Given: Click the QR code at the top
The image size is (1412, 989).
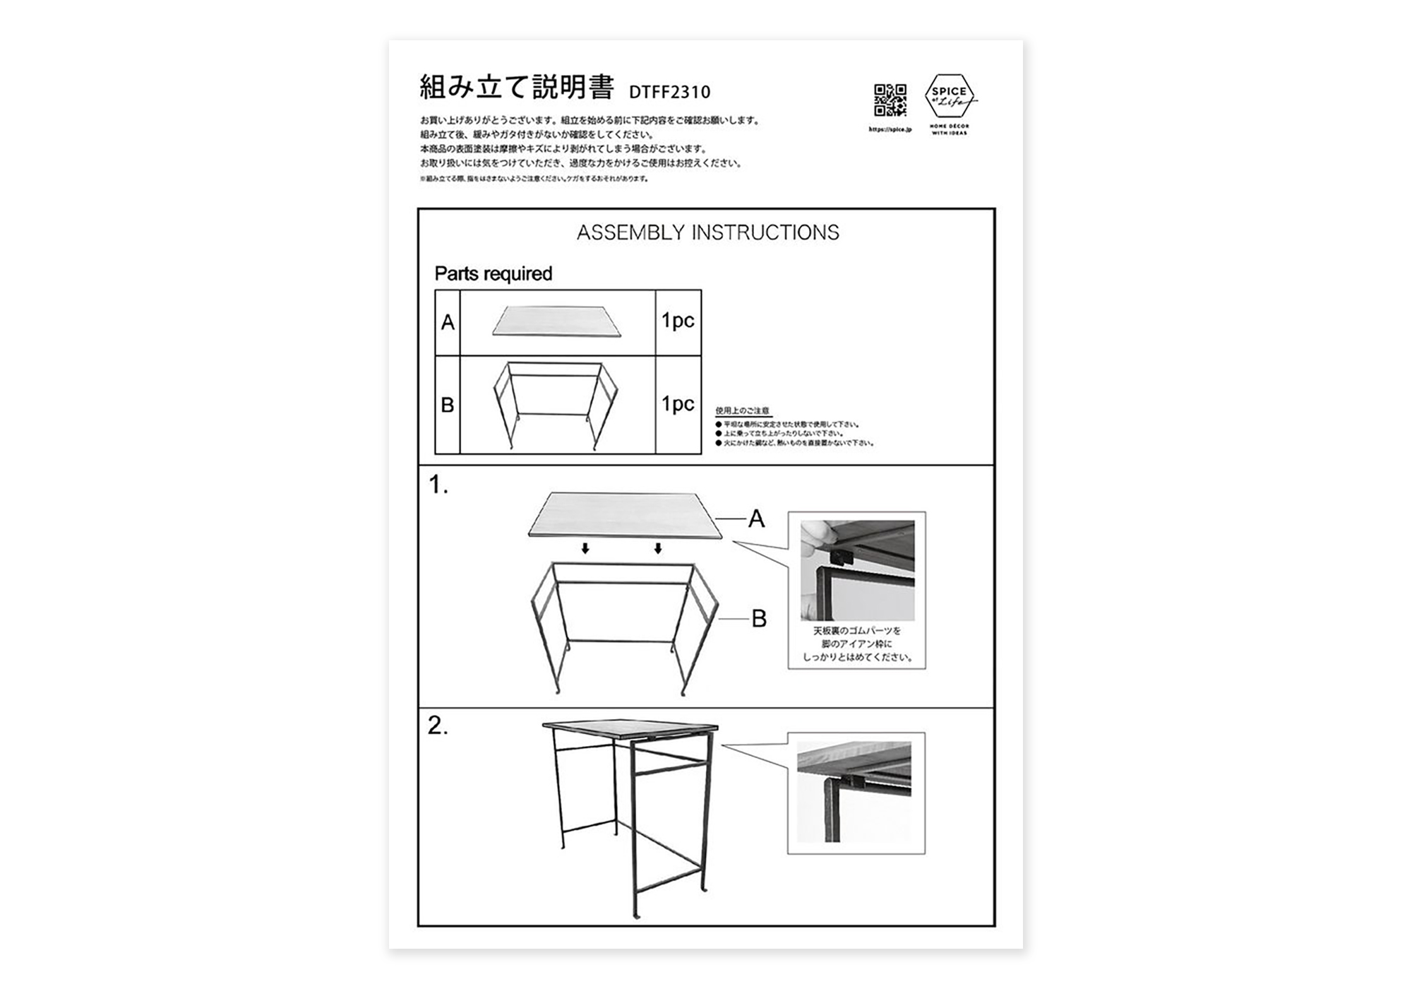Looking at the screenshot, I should click(x=890, y=100).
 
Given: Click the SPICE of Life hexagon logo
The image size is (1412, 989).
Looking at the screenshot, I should click(x=950, y=96).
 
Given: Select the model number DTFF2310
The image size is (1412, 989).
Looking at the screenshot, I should click(x=669, y=92).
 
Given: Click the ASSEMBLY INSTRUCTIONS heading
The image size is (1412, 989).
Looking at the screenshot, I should click(x=707, y=232).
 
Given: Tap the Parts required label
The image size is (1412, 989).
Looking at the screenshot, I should click(x=493, y=273).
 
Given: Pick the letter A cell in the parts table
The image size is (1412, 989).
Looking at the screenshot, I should click(x=448, y=323).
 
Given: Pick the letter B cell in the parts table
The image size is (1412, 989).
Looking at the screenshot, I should click(x=448, y=405).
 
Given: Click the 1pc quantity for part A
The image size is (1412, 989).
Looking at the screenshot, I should click(x=678, y=321).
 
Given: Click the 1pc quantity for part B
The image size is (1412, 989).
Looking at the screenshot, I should click(x=678, y=404).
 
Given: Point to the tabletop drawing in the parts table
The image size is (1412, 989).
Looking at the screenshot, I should click(x=557, y=321).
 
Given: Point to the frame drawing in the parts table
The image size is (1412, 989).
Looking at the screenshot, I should click(x=556, y=405).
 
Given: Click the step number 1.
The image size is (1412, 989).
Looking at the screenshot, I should click(x=438, y=485).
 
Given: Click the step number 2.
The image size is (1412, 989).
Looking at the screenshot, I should click(x=438, y=726).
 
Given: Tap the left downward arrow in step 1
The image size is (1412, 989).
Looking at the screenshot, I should click(x=585, y=548).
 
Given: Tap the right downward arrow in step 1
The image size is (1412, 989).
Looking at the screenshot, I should click(x=658, y=548).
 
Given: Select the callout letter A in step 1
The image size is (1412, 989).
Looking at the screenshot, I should click(x=756, y=519).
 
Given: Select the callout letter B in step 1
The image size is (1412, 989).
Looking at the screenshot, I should click(x=758, y=619).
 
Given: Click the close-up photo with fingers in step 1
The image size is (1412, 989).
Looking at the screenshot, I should click(x=857, y=570).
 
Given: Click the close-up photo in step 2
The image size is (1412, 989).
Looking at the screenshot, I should click(x=854, y=791).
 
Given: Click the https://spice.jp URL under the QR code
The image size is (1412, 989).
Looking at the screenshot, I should click(x=890, y=130).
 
